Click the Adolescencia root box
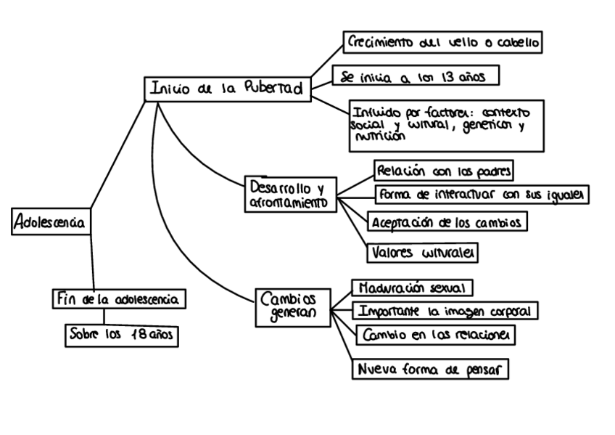click(51, 223)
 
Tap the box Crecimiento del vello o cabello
click(442, 42)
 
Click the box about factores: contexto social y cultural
click(446, 125)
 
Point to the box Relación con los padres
click(445, 171)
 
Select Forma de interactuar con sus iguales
click(482, 195)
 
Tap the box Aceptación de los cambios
click(445, 221)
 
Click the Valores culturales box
click(422, 252)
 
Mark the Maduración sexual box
click(412, 287)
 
